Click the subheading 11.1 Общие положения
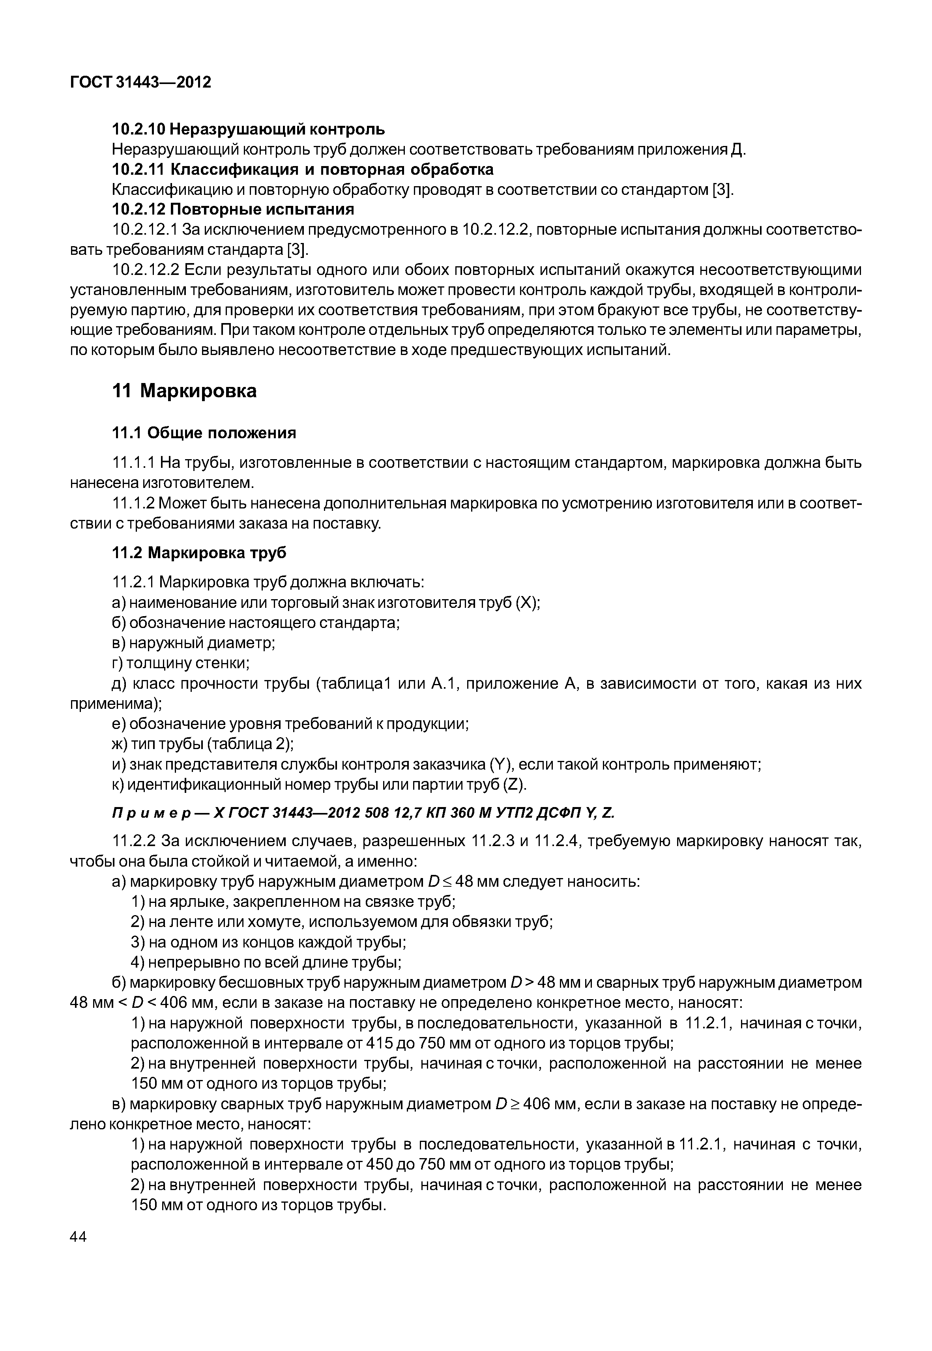click(204, 433)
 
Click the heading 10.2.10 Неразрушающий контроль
click(248, 129)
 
